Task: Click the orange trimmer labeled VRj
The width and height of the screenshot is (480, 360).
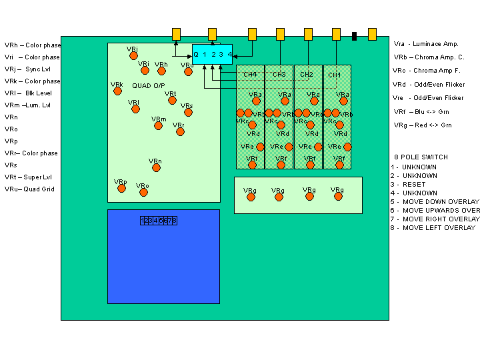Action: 133,55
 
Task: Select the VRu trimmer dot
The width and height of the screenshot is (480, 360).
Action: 188,71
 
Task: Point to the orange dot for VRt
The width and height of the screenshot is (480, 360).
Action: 172,101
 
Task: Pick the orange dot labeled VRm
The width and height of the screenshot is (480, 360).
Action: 158,125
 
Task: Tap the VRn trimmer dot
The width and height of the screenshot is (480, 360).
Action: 155,167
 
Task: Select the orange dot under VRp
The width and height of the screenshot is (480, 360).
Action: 121,188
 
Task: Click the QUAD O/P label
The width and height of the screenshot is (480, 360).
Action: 148,85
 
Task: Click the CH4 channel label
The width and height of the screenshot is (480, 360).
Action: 250,75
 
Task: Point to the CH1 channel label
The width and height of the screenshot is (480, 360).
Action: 335,75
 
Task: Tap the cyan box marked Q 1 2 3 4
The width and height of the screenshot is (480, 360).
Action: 213,54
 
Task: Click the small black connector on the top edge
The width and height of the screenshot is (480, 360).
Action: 354,36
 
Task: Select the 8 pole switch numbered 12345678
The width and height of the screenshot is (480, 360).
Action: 159,221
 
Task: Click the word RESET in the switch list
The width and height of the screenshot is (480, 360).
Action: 413,184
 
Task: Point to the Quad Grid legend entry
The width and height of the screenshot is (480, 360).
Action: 30,189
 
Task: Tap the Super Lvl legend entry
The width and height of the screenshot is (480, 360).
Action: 29,177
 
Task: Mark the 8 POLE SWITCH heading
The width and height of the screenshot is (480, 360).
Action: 421,157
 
